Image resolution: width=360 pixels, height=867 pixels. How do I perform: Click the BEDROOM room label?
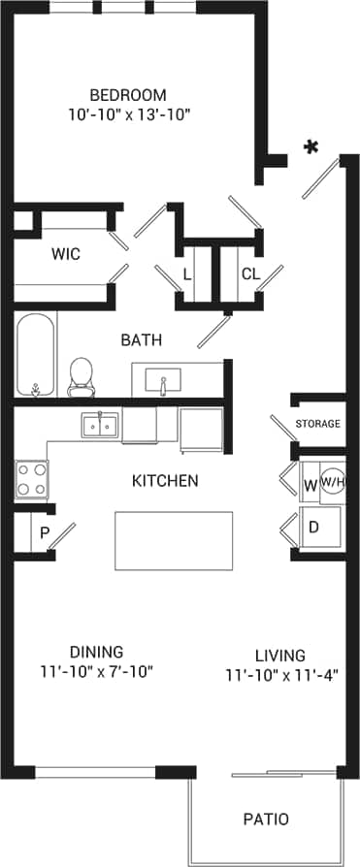(127, 95)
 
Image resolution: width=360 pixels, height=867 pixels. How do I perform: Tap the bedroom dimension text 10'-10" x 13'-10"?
(127, 114)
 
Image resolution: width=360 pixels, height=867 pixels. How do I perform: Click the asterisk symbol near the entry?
(311, 148)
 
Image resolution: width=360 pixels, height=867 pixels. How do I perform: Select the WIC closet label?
(65, 254)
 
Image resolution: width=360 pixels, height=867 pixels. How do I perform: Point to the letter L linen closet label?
(187, 274)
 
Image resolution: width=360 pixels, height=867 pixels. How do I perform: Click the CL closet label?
(250, 274)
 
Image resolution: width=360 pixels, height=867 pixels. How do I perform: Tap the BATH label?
(141, 340)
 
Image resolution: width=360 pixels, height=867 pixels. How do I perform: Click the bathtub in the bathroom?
(36, 355)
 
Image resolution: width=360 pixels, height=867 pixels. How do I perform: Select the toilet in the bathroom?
(81, 376)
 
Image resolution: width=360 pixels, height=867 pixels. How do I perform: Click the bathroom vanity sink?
(163, 379)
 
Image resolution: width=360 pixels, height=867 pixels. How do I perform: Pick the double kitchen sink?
(100, 424)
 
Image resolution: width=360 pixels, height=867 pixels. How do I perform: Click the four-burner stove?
(31, 476)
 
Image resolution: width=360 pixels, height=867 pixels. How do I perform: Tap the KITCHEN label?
(165, 480)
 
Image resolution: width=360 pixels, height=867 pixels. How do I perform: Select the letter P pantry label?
(44, 532)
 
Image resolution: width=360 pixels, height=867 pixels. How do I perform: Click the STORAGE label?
(318, 424)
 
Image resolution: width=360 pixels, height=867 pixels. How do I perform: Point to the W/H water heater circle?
(333, 481)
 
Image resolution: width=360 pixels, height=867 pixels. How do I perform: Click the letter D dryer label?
(313, 528)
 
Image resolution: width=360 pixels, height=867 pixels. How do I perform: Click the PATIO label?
(265, 819)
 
